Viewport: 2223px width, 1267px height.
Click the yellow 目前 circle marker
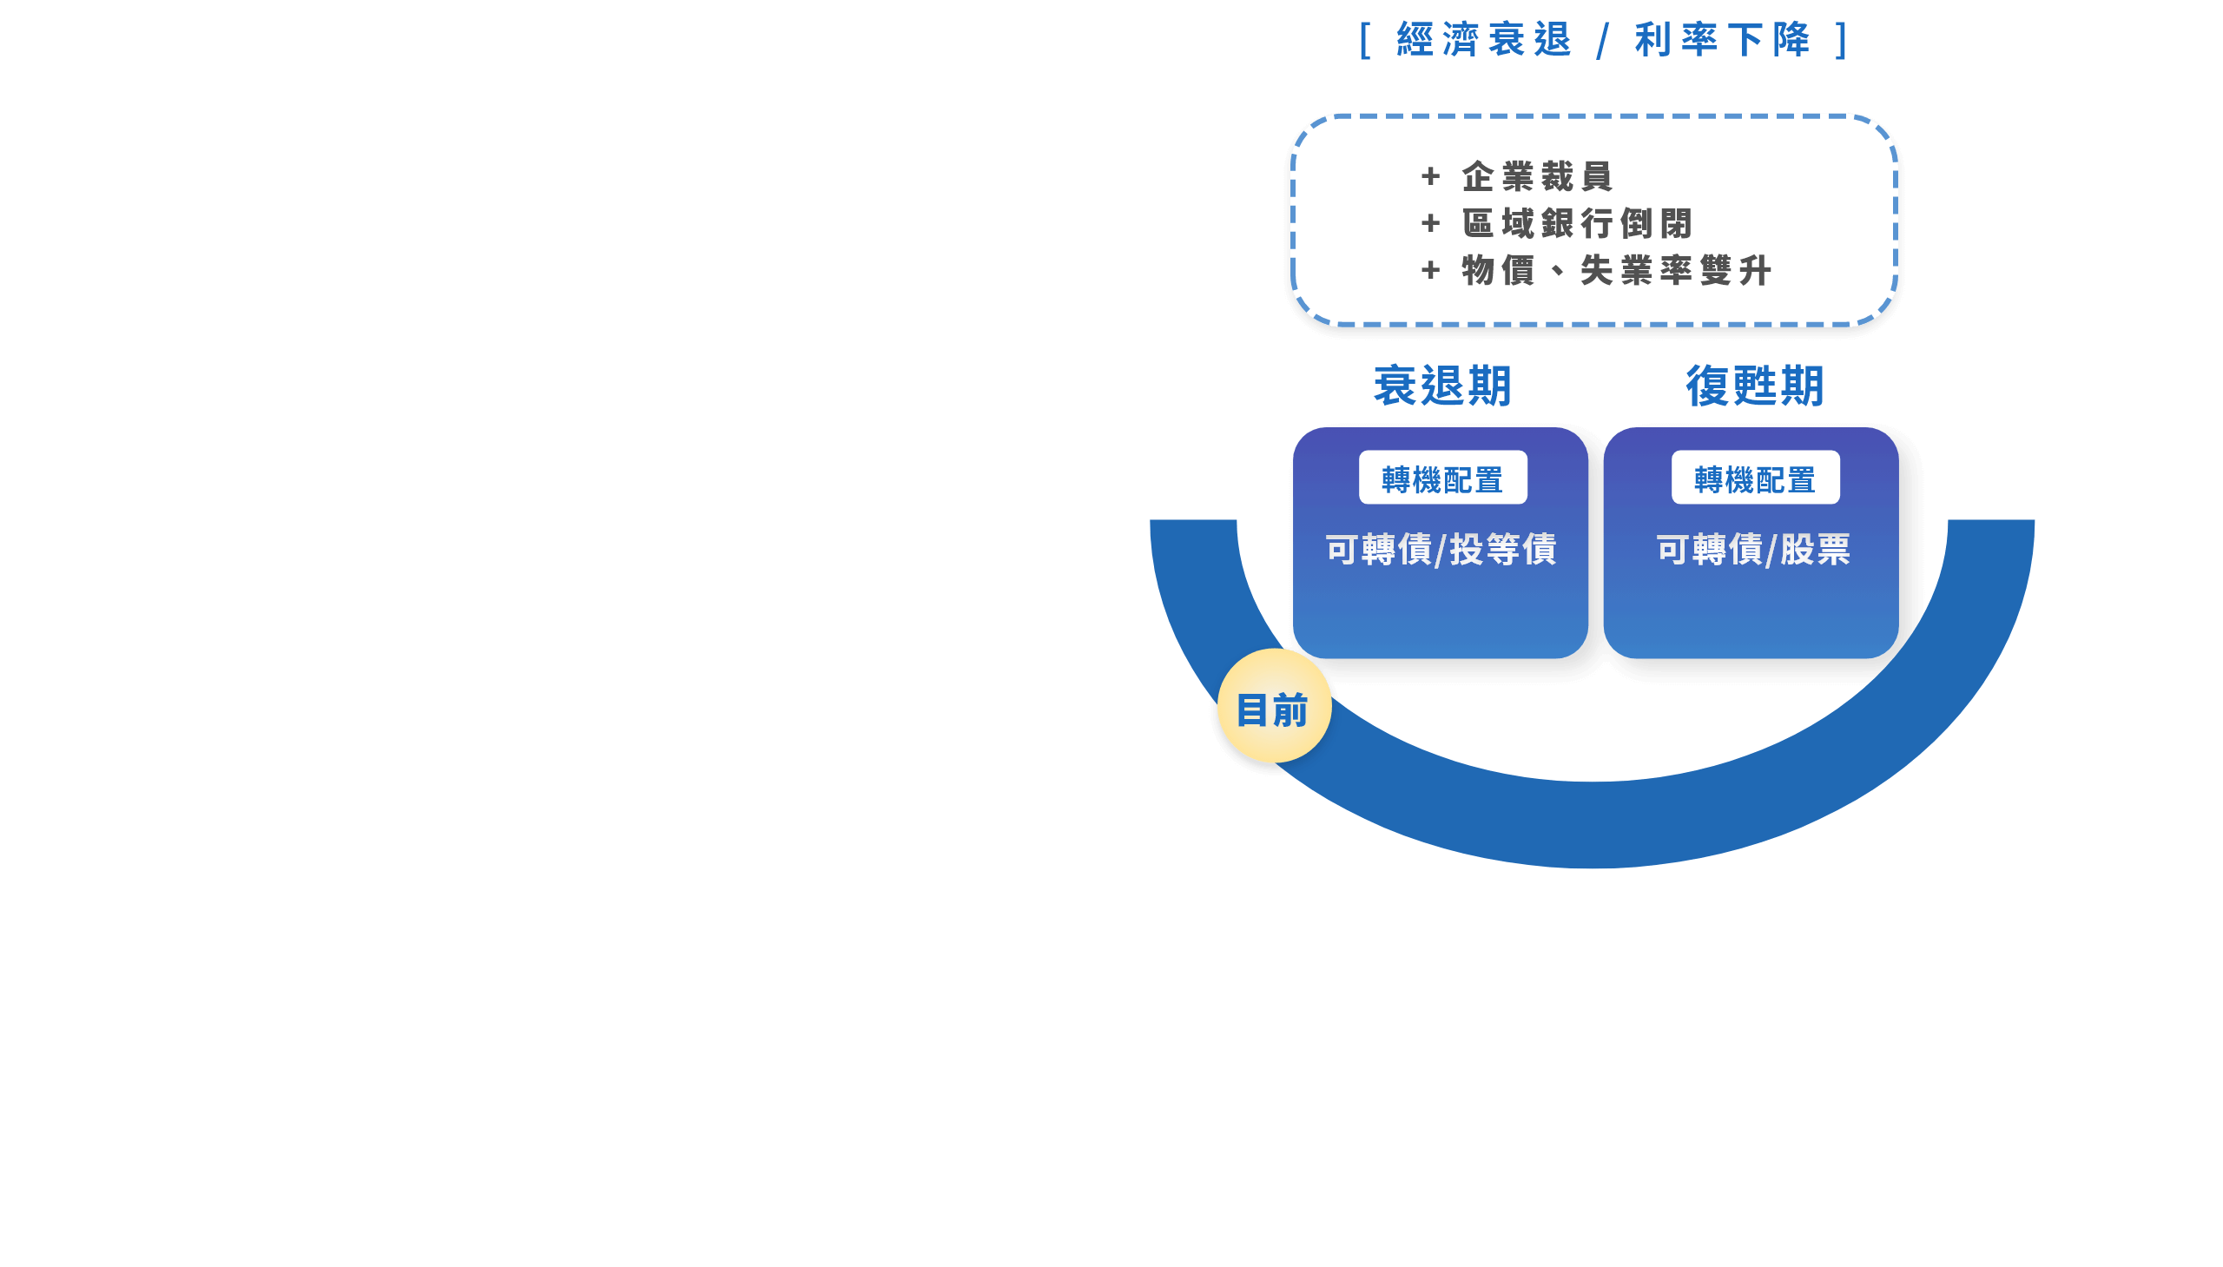(1274, 706)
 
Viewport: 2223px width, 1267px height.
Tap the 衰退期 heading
(1442, 386)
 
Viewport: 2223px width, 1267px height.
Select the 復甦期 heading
(1754, 386)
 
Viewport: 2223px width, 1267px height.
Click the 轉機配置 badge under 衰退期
(1442, 478)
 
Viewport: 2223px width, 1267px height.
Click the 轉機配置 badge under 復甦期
(1755, 478)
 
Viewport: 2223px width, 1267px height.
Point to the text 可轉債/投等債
(1441, 549)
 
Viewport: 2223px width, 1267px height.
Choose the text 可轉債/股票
(1753, 549)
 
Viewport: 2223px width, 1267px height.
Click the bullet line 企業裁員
(1537, 176)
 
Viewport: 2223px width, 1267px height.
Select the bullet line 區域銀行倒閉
(1578, 224)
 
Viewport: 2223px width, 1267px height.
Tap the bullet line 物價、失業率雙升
(1617, 271)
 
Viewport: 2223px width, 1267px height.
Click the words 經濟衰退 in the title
(1484, 40)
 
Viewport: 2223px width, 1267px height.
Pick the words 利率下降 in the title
(1723, 40)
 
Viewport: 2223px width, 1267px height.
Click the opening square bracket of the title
(1365, 40)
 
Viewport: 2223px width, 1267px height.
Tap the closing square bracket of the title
(1841, 40)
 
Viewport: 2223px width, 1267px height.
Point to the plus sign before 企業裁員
(1430, 176)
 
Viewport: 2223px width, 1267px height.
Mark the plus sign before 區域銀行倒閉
(1430, 224)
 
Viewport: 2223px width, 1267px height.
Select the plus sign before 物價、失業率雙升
(1430, 271)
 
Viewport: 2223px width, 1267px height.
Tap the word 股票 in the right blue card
(1815, 549)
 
